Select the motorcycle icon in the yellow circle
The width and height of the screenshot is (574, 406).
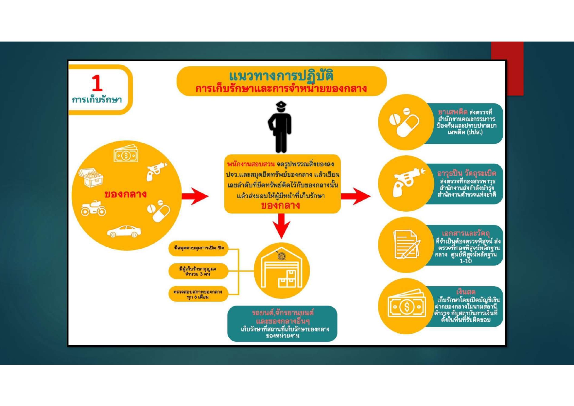pos(94,208)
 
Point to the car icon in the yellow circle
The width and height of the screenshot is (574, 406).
pos(124,231)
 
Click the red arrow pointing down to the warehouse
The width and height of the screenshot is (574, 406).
pos(281,225)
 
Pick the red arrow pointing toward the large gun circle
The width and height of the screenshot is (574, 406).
pos(356,196)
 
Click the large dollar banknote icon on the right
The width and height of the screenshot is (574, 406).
pos(407,306)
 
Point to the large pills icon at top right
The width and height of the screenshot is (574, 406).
pos(405,122)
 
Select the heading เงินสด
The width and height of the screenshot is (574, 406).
pos(466,291)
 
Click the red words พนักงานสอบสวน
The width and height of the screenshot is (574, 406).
pos(251,164)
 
